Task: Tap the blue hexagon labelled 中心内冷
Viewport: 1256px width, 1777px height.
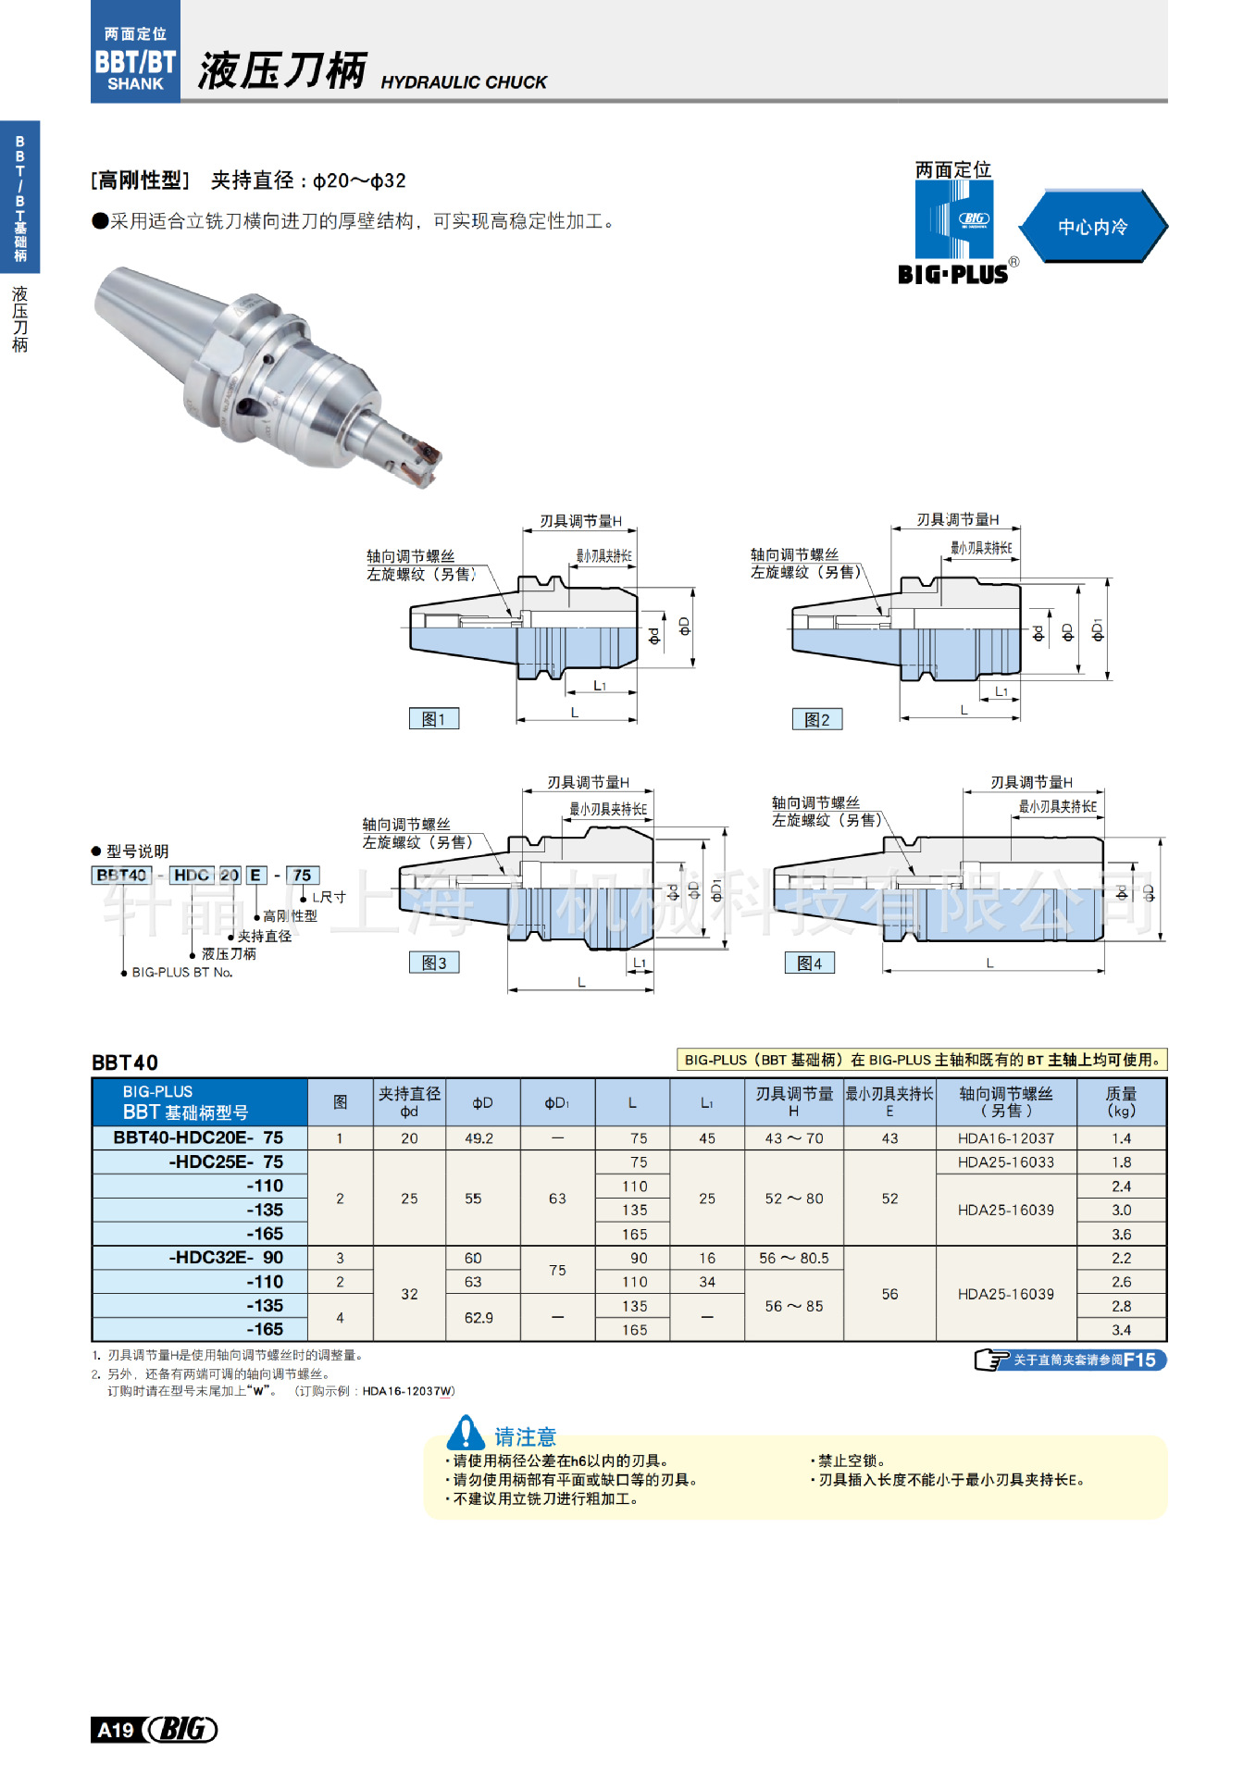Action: point(1092,227)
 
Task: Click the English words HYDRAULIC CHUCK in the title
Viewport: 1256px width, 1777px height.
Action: point(463,82)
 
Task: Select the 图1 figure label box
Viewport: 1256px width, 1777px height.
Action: point(433,719)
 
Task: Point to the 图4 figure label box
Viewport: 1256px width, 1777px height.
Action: point(809,963)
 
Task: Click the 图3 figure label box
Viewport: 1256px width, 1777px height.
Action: point(433,963)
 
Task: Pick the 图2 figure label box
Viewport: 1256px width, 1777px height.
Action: point(816,720)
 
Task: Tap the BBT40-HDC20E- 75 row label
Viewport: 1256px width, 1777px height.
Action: point(199,1137)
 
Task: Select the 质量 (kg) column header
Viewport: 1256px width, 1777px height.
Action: point(1120,1101)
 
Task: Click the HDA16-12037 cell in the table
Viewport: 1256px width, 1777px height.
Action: point(1005,1138)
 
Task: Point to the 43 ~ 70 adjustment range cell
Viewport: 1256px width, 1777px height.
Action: point(793,1138)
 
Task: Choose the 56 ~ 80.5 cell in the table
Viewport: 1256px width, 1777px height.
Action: point(793,1259)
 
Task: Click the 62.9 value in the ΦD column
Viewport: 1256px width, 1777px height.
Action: point(479,1318)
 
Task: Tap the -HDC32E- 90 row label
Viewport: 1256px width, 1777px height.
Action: point(226,1258)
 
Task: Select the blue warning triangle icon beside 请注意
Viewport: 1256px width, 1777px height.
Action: point(465,1433)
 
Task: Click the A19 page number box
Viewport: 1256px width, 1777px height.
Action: point(117,1730)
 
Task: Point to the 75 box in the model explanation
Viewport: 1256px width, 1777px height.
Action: point(302,876)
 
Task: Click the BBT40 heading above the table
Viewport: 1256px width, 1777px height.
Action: point(125,1062)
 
